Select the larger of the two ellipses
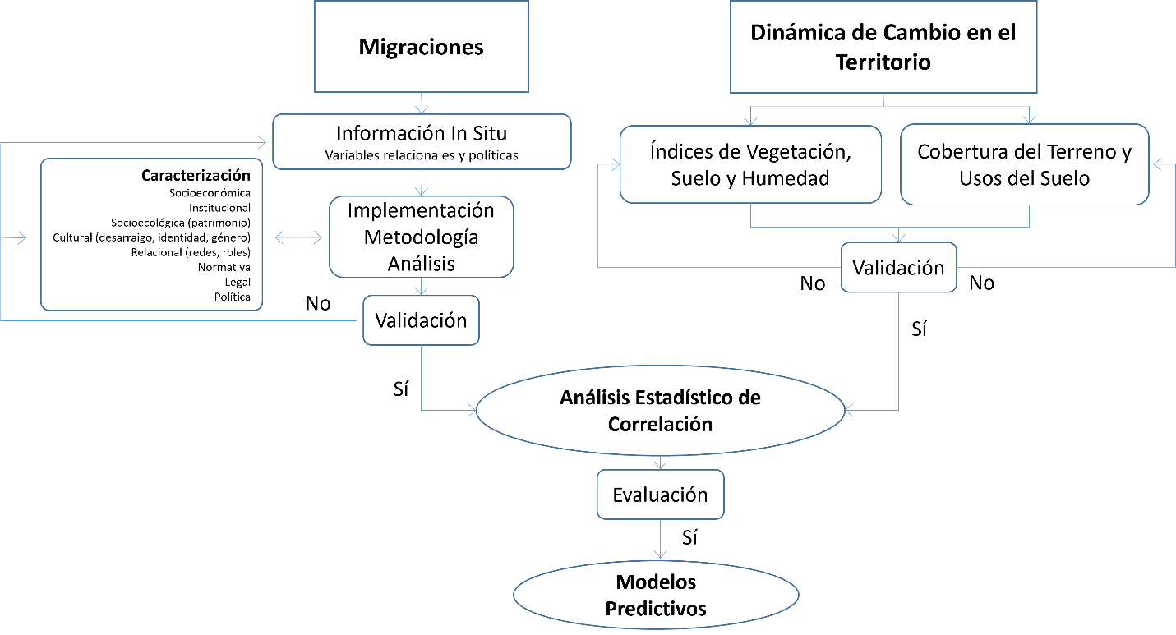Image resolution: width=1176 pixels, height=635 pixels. [660, 410]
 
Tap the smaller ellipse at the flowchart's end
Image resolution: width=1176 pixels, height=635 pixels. [656, 595]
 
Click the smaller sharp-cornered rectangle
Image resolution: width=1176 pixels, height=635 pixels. [421, 46]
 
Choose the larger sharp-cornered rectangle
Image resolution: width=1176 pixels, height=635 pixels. [883, 47]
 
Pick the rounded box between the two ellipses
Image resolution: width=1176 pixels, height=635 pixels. [660, 495]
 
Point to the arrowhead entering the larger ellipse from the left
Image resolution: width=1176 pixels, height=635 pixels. [472, 410]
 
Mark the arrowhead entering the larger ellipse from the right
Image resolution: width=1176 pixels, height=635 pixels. [849, 410]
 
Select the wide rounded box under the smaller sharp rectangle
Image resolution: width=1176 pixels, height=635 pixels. [422, 142]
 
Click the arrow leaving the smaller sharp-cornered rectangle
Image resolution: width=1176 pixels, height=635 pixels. [422, 104]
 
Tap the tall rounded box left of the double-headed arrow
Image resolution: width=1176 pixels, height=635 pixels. [151, 234]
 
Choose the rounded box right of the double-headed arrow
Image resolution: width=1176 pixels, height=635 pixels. [422, 237]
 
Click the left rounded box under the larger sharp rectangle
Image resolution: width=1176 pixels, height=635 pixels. [750, 164]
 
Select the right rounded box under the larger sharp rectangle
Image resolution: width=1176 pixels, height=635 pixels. [1024, 165]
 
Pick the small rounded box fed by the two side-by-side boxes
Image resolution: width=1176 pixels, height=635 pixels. [898, 267]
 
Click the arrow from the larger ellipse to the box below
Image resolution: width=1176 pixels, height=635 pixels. [660, 462]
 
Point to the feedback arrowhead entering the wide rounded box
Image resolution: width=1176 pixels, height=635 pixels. [262, 143]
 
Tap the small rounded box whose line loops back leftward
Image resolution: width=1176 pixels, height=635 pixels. [421, 320]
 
